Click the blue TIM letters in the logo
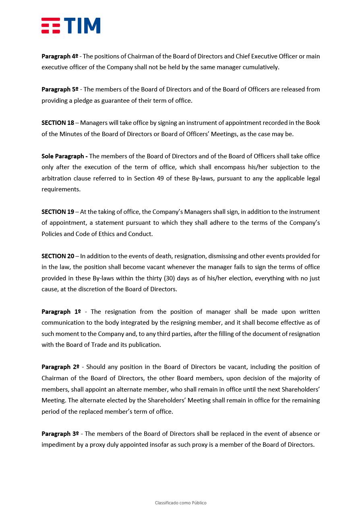point(82,25)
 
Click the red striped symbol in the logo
point(51,25)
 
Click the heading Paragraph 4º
point(60,56)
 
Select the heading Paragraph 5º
point(60,89)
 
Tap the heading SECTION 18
point(58,123)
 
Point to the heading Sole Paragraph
point(64,156)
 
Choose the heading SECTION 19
point(58,212)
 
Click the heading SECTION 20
point(58,256)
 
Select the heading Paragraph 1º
point(61,312)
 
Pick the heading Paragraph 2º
point(60,367)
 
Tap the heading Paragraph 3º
point(60,434)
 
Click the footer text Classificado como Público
point(180,503)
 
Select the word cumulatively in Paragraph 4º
point(261,67)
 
